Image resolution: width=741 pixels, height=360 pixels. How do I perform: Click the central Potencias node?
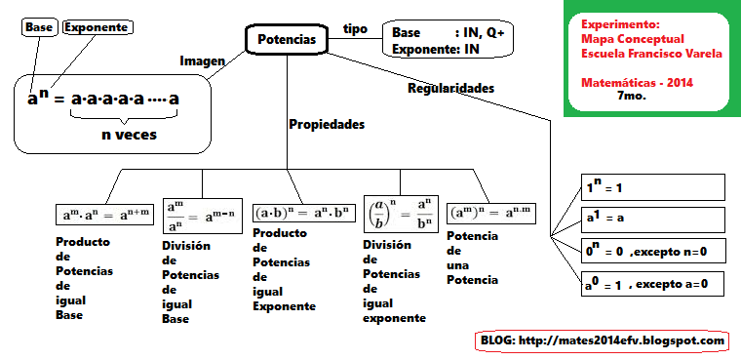tap(287, 40)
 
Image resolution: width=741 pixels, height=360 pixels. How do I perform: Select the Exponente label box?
tap(97, 27)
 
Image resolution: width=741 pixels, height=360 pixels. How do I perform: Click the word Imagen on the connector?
tap(202, 60)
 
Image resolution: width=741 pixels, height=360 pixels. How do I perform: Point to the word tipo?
tap(356, 28)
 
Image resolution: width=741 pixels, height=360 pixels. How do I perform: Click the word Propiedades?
tap(327, 125)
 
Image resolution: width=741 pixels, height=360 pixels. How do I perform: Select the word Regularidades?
tap(450, 88)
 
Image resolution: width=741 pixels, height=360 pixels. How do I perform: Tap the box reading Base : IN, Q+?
tap(448, 40)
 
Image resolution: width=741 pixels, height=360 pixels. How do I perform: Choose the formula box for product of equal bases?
tap(103, 213)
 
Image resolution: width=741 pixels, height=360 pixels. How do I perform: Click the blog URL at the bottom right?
tap(603, 340)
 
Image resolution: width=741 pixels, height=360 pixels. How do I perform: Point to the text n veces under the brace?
tap(129, 136)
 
